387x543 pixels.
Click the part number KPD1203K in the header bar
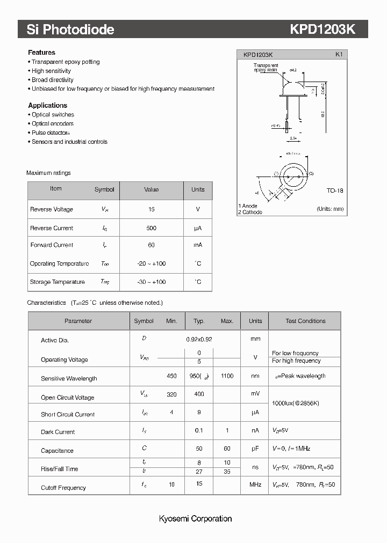(322, 30)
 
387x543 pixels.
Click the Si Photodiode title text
(70, 30)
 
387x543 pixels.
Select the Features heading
(41, 53)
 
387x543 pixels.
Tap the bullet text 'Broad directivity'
(52, 80)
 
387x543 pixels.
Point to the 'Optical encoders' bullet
(52, 123)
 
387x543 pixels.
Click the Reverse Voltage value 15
(151, 209)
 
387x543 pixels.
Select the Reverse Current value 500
(151, 228)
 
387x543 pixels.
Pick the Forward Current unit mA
(198, 245)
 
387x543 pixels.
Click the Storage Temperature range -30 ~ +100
(151, 282)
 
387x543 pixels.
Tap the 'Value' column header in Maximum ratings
(151, 189)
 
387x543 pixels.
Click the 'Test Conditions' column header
(305, 321)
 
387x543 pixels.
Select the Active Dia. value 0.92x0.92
(199, 339)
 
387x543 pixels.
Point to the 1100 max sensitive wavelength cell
(227, 376)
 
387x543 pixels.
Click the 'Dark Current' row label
(58, 432)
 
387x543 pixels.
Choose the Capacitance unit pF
(255, 449)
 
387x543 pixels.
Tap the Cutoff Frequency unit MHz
(255, 485)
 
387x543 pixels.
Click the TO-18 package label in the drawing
(334, 190)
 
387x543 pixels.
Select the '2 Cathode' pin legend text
(250, 212)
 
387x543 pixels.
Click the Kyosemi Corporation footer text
(195, 519)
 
